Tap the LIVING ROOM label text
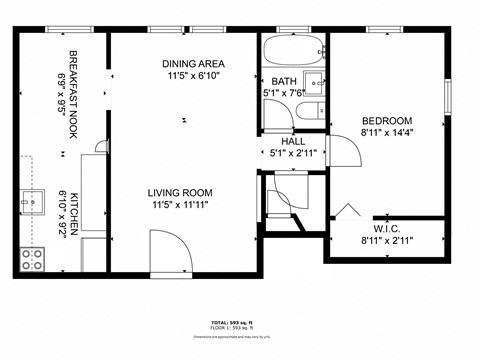click(x=180, y=193)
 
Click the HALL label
click(x=292, y=141)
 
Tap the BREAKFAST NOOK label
click(x=73, y=80)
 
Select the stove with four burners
click(x=32, y=259)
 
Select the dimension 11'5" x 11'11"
click(x=180, y=207)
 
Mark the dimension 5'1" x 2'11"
click(x=292, y=153)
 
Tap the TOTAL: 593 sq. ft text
click(x=239, y=323)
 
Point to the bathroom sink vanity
click(x=313, y=80)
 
